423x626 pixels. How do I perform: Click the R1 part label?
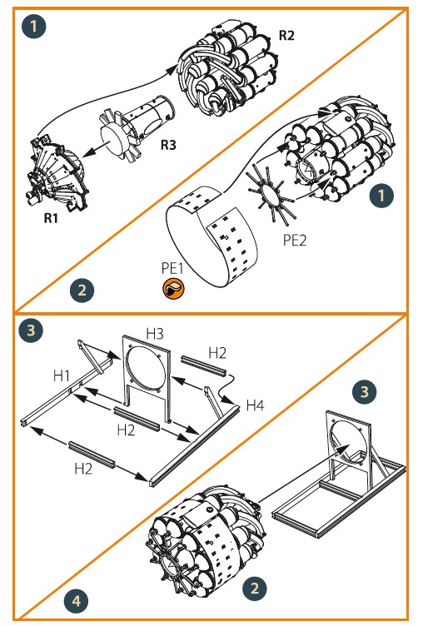coord(51,218)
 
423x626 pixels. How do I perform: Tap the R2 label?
coord(286,35)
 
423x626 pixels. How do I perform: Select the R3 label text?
coord(168,145)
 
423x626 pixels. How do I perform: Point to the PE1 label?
coord(172,268)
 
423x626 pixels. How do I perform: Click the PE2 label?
coord(295,240)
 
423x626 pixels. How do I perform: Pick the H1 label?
coord(62,375)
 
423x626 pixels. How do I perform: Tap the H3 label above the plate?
coord(155,333)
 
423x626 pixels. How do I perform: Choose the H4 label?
coord(255,405)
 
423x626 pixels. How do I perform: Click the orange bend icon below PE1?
coord(173,288)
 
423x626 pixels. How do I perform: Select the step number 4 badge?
coord(76,600)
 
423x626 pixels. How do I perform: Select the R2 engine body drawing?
coord(228,67)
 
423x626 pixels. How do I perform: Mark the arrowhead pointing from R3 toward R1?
coord(89,152)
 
